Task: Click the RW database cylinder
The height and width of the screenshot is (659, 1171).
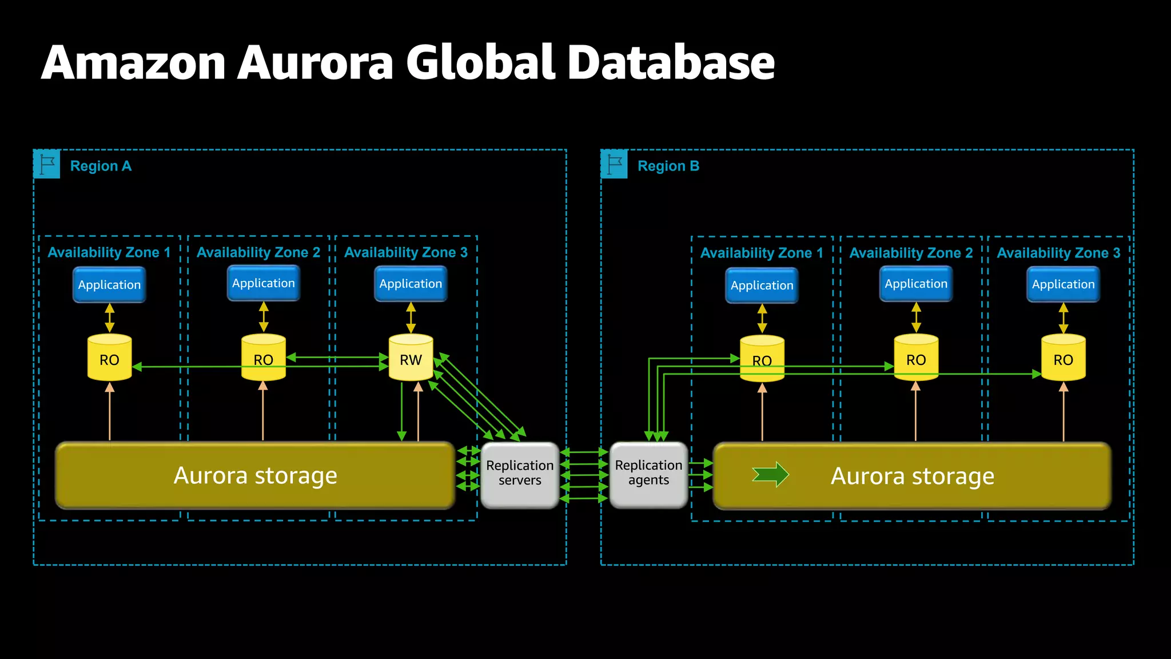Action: (x=411, y=358)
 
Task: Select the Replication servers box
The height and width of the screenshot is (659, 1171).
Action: (x=520, y=474)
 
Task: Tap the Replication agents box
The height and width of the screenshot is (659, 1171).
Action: (x=648, y=474)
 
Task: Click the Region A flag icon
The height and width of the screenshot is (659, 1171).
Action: (x=47, y=164)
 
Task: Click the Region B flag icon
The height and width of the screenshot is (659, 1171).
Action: (x=614, y=164)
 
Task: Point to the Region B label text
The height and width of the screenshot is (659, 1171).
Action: (x=668, y=166)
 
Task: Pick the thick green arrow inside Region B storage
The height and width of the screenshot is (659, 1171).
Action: (x=771, y=474)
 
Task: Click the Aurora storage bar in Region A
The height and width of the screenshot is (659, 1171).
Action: (x=255, y=475)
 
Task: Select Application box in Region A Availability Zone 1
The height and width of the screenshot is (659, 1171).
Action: (x=109, y=285)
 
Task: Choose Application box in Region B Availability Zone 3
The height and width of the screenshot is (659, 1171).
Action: (x=1063, y=284)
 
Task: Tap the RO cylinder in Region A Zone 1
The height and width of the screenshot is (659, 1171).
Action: (x=109, y=358)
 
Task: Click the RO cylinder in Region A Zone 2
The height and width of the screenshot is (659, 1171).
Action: (x=263, y=358)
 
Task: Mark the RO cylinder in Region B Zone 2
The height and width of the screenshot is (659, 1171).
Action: (x=916, y=358)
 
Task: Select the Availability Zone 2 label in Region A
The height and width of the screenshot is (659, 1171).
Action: (x=258, y=252)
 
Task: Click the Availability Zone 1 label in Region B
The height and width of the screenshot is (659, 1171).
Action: (x=762, y=253)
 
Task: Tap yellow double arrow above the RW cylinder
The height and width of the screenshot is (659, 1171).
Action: (x=411, y=317)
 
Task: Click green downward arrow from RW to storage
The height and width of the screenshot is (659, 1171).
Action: (x=402, y=412)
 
